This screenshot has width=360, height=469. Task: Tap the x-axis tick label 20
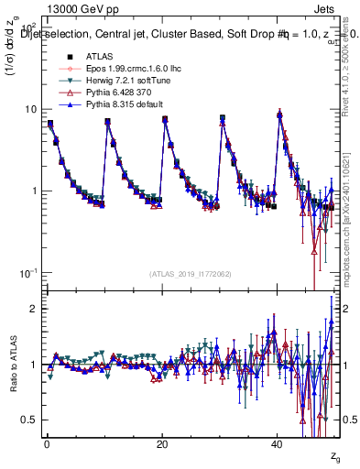(x=161, y=444)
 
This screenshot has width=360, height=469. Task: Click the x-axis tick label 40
(x=278, y=444)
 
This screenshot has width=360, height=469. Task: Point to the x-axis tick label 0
(x=46, y=444)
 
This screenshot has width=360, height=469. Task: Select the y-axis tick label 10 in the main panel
(x=30, y=109)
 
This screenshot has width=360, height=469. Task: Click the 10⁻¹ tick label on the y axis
(x=28, y=273)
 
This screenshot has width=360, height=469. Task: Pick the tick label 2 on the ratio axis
(x=34, y=309)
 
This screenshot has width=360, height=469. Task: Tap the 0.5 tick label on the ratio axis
(x=30, y=420)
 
